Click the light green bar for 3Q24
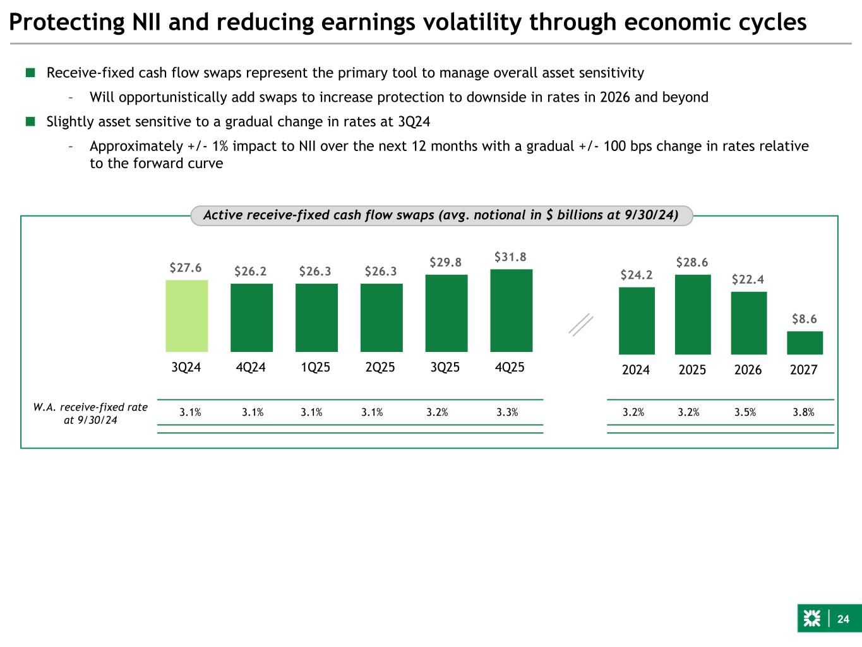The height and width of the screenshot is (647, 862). point(187,316)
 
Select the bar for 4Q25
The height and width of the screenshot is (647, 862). point(511,310)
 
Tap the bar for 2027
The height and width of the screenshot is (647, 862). point(805,342)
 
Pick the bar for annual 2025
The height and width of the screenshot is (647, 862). point(692,314)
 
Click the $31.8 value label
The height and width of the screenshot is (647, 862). point(510,257)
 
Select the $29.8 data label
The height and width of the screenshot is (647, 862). point(446,262)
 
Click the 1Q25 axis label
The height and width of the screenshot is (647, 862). point(316,367)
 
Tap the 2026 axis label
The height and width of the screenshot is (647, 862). point(748,370)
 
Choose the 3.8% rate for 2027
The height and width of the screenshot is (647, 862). point(803,413)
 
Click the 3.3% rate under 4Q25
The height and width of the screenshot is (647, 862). point(507,413)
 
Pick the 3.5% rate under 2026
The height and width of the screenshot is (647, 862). point(745,413)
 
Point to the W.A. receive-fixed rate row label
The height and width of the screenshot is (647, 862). point(90,413)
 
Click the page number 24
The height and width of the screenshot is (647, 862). point(844,619)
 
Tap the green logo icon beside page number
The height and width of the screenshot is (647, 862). point(811,619)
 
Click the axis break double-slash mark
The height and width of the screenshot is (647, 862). point(581,325)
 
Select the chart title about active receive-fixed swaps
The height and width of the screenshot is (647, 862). point(441,215)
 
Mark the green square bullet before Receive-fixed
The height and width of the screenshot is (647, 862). point(30,73)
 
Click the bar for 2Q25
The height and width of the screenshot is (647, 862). point(381,317)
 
